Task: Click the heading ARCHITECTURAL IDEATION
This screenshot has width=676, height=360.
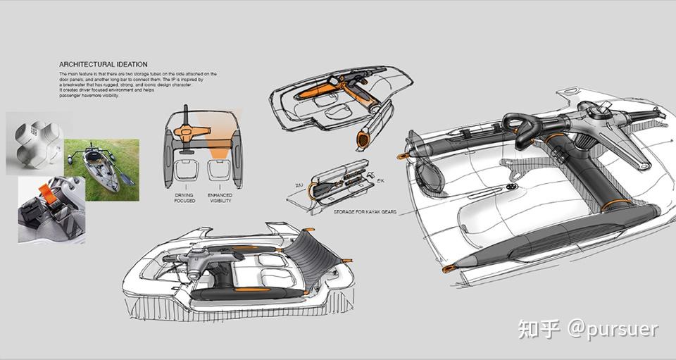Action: (x=103, y=64)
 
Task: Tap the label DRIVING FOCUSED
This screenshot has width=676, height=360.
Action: (x=184, y=197)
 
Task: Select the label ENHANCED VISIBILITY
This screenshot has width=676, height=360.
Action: (x=220, y=197)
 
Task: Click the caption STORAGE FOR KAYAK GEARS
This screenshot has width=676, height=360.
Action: (x=366, y=209)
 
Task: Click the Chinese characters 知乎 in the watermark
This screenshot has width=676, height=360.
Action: (x=539, y=329)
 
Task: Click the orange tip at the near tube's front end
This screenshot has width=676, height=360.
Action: (x=447, y=268)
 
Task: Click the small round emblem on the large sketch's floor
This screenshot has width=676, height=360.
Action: (x=508, y=188)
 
